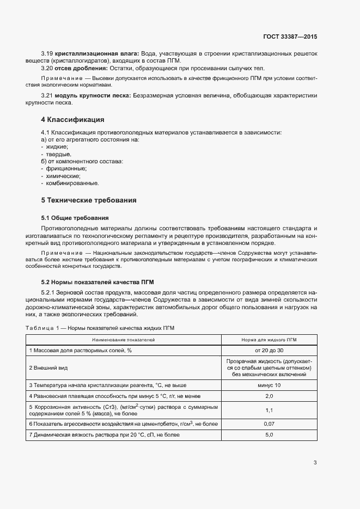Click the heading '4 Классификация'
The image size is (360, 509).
coord(72,119)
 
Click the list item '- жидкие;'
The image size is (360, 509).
coord(54,147)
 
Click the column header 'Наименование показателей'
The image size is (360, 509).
coord(124,340)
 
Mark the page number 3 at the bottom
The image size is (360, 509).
coord(315,463)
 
